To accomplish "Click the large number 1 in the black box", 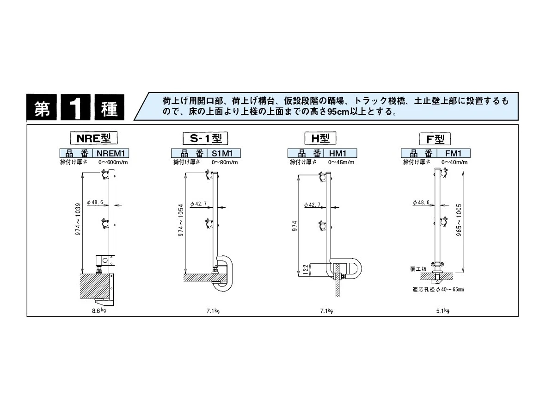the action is coord(75,107).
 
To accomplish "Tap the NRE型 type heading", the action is coord(94,138).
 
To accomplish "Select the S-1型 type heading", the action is coord(205,138).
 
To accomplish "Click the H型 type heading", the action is coord(320,138).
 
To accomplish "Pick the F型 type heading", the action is coord(435,139).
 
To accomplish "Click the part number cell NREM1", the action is coord(111,153).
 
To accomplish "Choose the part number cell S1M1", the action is coord(222,153).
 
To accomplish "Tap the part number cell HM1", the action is coord(338,153).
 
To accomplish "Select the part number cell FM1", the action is coord(453,153).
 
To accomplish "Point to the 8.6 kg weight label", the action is coord(99,311).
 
